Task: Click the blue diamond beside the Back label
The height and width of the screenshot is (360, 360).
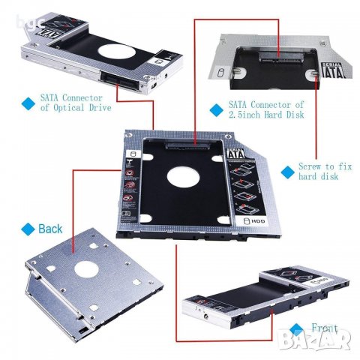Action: (28, 228)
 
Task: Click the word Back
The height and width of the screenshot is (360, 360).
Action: (51, 228)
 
